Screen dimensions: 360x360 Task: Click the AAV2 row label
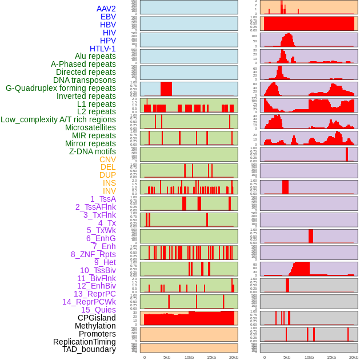[x=106, y=9]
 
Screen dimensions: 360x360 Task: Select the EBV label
[x=108, y=17]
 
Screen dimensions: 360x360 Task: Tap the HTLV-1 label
[x=103, y=49]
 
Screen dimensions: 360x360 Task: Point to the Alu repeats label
[x=95, y=56]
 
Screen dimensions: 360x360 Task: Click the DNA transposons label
[x=85, y=80]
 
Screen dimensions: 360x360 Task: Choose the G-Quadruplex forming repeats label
[x=61, y=88]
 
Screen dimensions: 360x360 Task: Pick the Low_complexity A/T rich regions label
[x=58, y=119]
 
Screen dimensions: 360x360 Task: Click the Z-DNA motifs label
[x=93, y=151]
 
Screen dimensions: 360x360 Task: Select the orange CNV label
[x=107, y=159]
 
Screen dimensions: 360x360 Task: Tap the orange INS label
[x=109, y=183]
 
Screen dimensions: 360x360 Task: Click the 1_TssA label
[x=103, y=199]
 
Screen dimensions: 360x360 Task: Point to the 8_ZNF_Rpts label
[x=93, y=254]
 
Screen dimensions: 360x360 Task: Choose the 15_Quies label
[x=98, y=310]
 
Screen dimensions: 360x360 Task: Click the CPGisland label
[x=97, y=318]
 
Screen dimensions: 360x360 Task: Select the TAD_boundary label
[x=89, y=349]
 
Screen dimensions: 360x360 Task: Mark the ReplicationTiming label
[x=85, y=342]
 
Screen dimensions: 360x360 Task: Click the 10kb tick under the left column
[x=189, y=357]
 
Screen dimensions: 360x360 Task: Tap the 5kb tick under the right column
[x=287, y=357]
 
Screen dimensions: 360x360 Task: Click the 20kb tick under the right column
[x=354, y=357]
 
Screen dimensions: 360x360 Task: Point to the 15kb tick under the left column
[x=211, y=357]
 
